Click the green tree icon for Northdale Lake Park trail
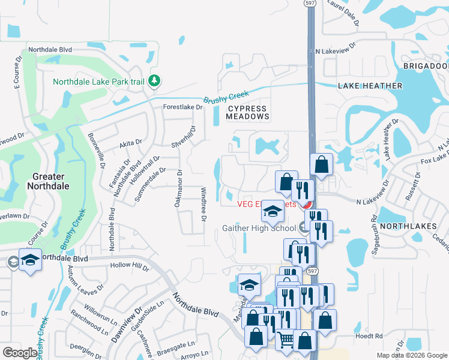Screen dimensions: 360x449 [154, 80]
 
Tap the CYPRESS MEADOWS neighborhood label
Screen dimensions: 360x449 [247, 113]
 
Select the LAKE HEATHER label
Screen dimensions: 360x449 [370, 86]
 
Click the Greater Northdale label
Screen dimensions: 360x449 [47, 181]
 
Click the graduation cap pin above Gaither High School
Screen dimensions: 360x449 [273, 211]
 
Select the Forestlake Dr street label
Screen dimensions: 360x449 [183, 107]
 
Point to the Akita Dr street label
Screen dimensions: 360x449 [130, 143]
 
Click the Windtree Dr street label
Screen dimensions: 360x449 [203, 204]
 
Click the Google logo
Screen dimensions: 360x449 [19, 352]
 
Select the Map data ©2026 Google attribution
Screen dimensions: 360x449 [412, 355]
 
